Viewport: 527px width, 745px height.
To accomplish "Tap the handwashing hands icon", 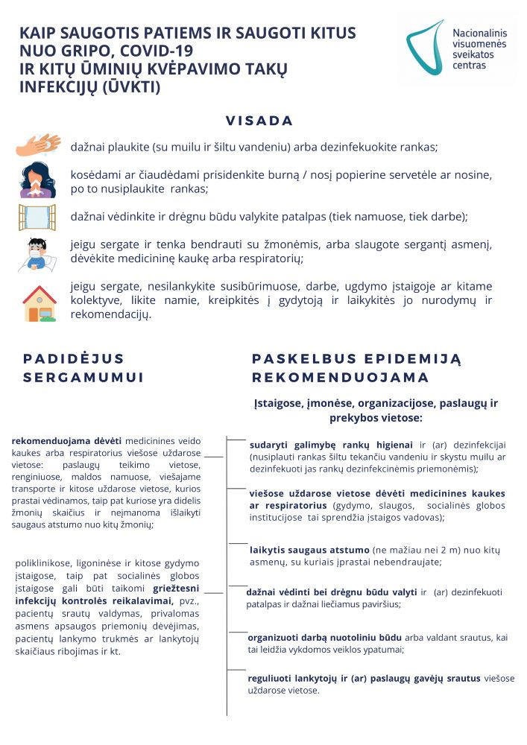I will (x=38, y=145).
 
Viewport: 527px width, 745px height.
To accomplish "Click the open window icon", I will (x=37, y=217).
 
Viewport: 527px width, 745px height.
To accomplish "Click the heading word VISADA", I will (x=259, y=121).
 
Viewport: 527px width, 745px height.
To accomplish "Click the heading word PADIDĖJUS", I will (x=74, y=358).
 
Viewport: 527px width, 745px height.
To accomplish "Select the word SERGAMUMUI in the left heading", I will (x=83, y=378).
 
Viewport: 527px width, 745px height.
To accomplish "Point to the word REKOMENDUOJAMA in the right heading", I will (x=340, y=378).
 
